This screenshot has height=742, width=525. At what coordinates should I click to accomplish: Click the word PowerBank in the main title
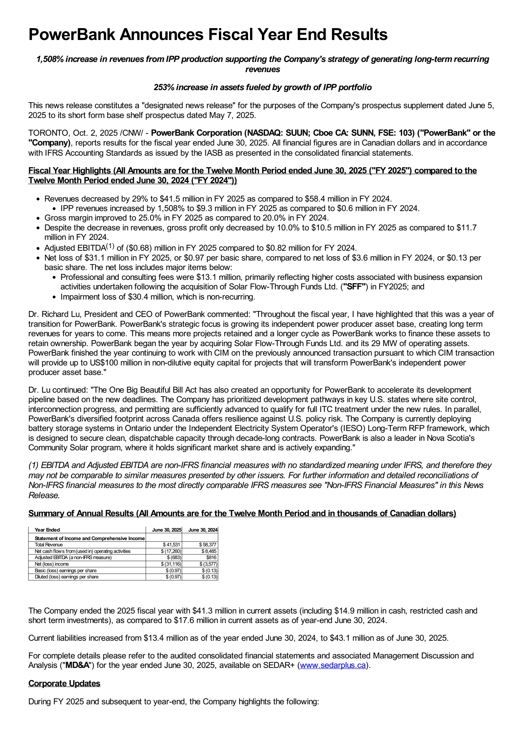(x=72, y=34)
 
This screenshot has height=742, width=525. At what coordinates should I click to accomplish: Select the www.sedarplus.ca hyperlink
(x=333, y=665)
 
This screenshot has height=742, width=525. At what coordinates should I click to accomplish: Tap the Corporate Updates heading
(x=64, y=683)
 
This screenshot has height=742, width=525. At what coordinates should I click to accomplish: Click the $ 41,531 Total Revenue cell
(x=171, y=545)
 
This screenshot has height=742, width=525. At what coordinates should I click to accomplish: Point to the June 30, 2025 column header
(x=167, y=530)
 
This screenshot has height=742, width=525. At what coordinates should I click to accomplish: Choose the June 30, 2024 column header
(x=203, y=530)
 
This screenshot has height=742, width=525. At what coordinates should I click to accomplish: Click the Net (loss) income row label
(x=52, y=564)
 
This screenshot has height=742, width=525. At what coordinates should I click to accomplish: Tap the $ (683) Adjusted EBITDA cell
(x=174, y=557)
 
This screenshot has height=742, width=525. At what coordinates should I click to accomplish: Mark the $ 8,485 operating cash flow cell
(x=209, y=551)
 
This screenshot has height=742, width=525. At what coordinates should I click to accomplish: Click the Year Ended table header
(x=47, y=530)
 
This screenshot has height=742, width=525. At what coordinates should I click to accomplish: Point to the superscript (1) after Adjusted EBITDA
(x=110, y=246)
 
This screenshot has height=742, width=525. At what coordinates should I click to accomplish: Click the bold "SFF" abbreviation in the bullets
(x=354, y=287)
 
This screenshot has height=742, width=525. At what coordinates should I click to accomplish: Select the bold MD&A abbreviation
(x=77, y=665)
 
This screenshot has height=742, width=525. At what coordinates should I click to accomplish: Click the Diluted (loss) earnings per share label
(x=67, y=577)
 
